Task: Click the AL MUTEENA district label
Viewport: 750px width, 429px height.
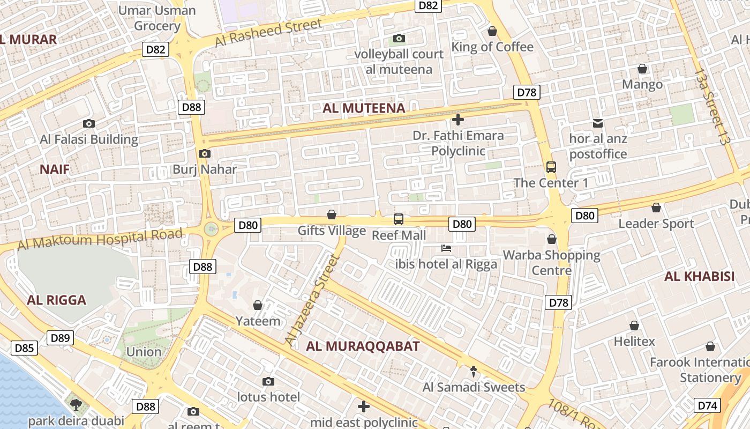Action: tap(363, 108)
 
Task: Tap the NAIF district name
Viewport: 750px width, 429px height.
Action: tap(55, 169)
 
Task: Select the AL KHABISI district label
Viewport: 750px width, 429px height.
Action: tap(699, 277)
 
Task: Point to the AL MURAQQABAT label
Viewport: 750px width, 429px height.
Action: tap(363, 346)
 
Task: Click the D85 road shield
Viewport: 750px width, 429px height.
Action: tap(24, 349)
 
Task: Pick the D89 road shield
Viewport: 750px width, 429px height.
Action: tap(60, 338)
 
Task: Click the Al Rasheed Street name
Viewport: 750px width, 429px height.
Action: tap(268, 32)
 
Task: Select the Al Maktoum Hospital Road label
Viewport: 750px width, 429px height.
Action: tap(100, 239)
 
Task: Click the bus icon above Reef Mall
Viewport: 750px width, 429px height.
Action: tap(398, 219)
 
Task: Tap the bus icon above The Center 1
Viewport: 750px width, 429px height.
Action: tap(551, 167)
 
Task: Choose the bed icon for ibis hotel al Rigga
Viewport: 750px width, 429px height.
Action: tap(446, 248)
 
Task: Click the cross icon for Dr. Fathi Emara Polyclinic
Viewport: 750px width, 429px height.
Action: tap(457, 120)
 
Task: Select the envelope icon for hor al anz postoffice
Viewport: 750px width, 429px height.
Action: tap(597, 123)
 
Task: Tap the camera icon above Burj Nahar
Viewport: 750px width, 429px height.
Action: tap(204, 154)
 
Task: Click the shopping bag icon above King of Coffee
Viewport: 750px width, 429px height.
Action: tap(492, 31)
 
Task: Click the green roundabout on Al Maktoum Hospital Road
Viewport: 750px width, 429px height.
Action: tap(211, 229)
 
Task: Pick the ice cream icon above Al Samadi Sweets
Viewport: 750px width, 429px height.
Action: tap(474, 371)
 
